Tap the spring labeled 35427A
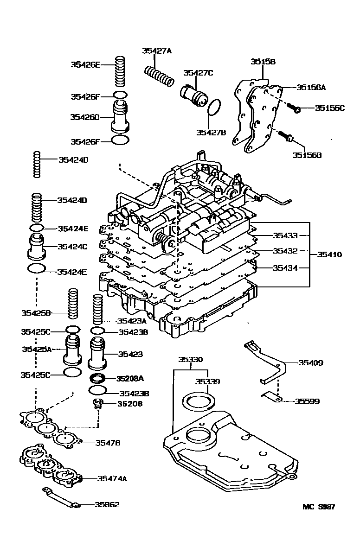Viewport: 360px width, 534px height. pos(159,76)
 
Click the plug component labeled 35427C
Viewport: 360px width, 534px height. pos(193,95)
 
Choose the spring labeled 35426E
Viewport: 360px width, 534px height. pos(121,72)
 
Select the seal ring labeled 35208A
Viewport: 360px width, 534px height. pos(97,378)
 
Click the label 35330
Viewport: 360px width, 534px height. pos(191,359)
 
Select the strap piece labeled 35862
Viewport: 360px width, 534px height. pos(60,498)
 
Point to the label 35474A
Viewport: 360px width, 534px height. pos(112,478)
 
